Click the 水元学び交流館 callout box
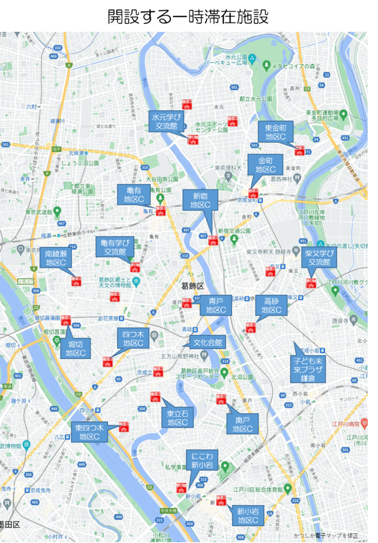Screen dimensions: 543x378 tap(167, 121)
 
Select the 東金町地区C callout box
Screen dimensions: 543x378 tap(276, 132)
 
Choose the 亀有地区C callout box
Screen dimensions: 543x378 tap(133, 194)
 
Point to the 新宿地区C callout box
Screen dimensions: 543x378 tap(200, 200)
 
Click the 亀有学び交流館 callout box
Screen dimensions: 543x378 tap(114, 247)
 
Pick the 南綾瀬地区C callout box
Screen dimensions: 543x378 tap(56, 258)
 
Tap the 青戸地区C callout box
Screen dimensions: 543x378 tap(216, 305)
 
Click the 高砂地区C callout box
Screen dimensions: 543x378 tap(271, 305)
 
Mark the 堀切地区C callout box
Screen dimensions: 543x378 tap(75, 348)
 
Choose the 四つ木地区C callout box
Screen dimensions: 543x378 tap(133, 338)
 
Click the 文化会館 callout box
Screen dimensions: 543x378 tap(208, 343)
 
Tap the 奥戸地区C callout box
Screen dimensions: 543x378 tap(242, 424)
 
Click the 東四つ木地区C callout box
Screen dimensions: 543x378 tap(89, 432)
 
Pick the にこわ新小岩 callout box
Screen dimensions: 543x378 tap(202, 460)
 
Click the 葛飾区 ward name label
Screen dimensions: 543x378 tap(193, 286)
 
